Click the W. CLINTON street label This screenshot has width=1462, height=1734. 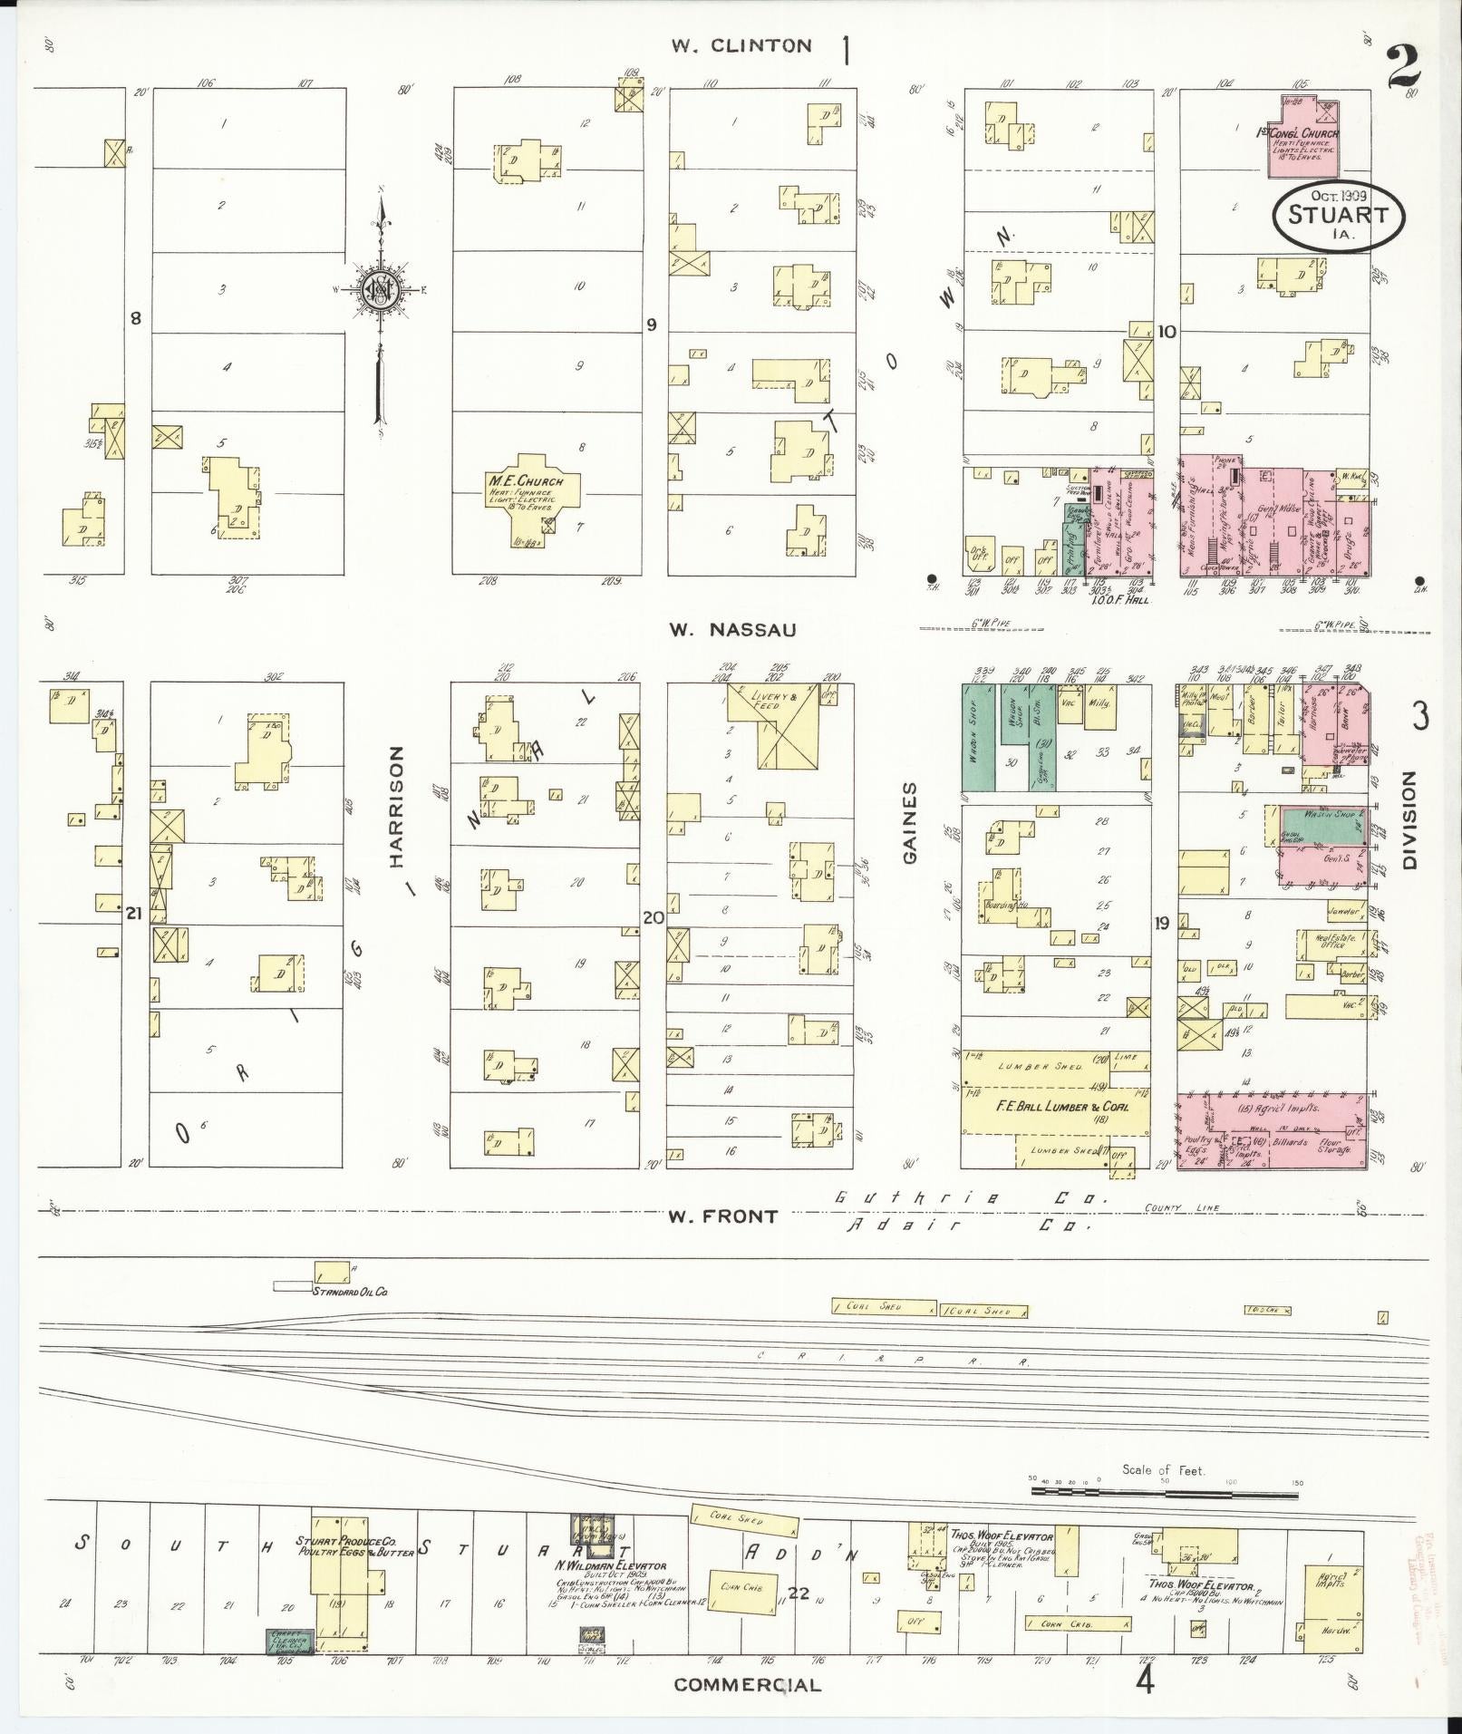[741, 46]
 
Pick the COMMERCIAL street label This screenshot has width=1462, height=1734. [748, 1684]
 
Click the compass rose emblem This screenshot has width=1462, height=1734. [379, 291]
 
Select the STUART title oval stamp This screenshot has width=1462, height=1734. [1339, 216]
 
